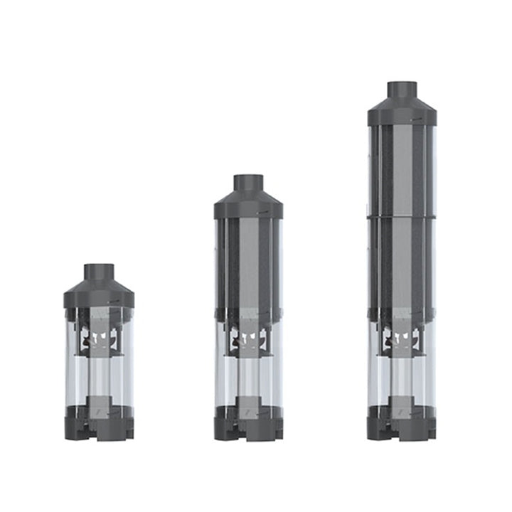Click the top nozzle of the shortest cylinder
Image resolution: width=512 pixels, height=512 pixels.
point(99,272)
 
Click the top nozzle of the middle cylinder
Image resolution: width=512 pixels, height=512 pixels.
point(248,183)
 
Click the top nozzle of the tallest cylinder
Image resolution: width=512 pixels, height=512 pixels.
point(402,90)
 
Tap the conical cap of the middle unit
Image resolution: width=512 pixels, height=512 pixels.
point(248,203)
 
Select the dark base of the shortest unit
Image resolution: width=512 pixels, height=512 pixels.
point(99,425)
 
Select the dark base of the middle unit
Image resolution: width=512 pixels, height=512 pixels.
point(248,427)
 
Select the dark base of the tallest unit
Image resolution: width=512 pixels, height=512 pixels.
point(402,427)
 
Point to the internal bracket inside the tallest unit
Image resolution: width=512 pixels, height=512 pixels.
point(402,338)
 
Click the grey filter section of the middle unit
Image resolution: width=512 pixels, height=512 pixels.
point(248,263)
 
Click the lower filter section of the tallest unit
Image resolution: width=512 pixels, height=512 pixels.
point(402,263)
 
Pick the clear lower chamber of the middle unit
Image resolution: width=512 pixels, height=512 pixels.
point(248,377)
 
